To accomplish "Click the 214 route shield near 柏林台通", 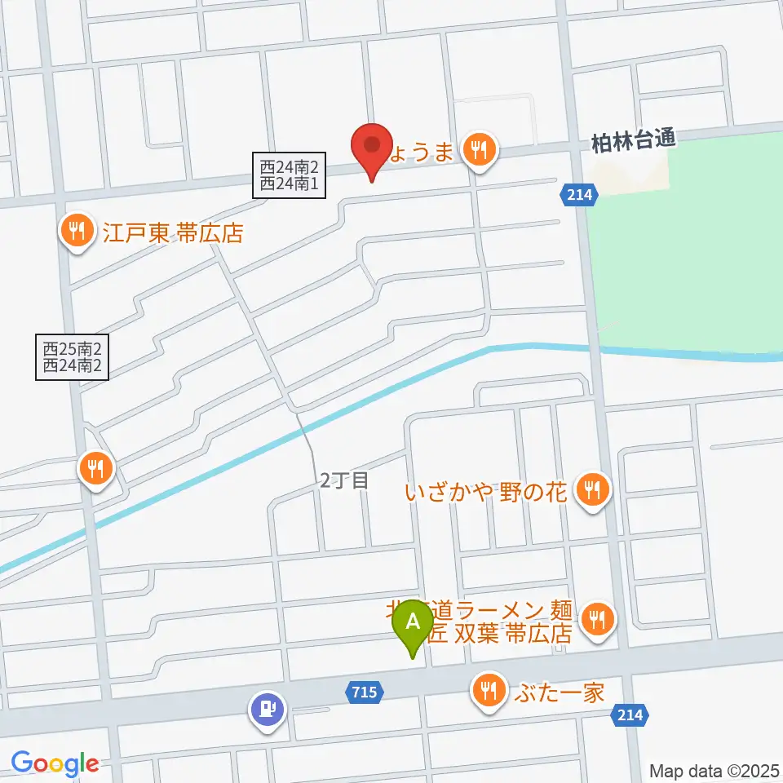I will (579, 194).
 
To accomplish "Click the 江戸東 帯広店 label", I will (173, 234).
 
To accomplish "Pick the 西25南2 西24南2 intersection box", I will (73, 357).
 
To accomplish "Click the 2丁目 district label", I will (343, 481).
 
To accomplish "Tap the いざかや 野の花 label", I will (486, 492).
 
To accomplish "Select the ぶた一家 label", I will (560, 693).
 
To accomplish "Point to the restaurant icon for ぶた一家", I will (489, 692).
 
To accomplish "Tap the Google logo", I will (55, 763).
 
